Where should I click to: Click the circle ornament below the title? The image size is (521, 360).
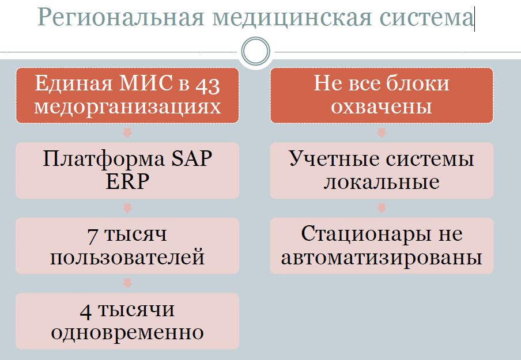pyautogui.click(x=255, y=52)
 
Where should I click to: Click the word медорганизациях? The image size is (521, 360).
pyautogui.click(x=127, y=107)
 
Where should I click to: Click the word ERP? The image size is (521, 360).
pyautogui.click(x=127, y=181)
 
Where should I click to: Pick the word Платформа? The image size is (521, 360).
pyautogui.click(x=100, y=158)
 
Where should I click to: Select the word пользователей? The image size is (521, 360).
pyautogui.click(x=127, y=257)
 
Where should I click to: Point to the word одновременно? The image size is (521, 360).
pyautogui.click(x=127, y=332)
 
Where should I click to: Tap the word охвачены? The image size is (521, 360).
pyautogui.click(x=382, y=107)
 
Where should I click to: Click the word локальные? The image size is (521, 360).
pyautogui.click(x=382, y=181)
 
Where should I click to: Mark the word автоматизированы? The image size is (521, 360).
pyautogui.click(x=382, y=257)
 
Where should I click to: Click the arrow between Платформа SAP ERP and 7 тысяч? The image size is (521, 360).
pyautogui.click(x=127, y=208)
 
